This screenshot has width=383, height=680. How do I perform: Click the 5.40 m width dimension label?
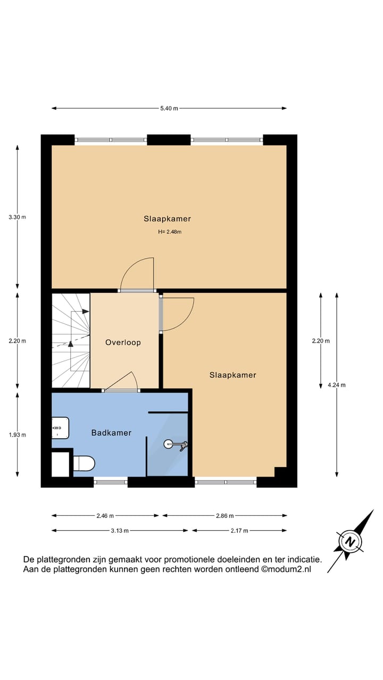(x=169, y=108)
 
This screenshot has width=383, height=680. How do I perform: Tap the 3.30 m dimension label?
(x=17, y=217)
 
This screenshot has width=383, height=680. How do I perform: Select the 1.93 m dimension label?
(x=17, y=435)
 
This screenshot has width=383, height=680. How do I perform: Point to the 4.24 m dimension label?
(x=337, y=385)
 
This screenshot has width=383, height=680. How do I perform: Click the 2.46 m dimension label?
(x=105, y=515)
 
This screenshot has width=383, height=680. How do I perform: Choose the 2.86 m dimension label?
(x=224, y=515)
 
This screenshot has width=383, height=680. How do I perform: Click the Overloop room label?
(x=123, y=343)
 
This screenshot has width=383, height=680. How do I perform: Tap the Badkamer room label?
(x=111, y=433)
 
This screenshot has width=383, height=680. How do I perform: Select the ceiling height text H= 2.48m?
(x=170, y=232)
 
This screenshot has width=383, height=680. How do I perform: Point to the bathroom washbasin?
(x=60, y=428)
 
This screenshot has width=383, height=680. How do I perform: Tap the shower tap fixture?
(x=176, y=443)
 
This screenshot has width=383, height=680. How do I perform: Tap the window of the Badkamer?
(x=111, y=482)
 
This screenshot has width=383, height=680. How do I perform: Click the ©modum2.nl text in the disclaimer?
(x=286, y=569)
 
